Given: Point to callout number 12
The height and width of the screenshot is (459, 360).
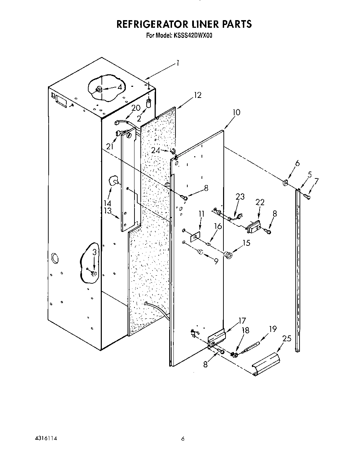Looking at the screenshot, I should pos(197,95).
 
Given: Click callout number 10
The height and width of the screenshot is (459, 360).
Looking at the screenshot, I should pos(236,112).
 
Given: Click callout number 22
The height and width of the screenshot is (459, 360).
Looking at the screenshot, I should pos(260,202).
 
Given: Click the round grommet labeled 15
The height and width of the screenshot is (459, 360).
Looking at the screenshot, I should pos(229,256).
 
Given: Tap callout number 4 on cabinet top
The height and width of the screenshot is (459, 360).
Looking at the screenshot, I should pos(120,87).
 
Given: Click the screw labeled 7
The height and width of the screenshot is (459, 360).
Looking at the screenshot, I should pos(307,197).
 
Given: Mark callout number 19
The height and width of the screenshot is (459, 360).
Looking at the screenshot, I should pos(273,329).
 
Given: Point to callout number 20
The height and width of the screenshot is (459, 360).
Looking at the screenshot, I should pos(136,108).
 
